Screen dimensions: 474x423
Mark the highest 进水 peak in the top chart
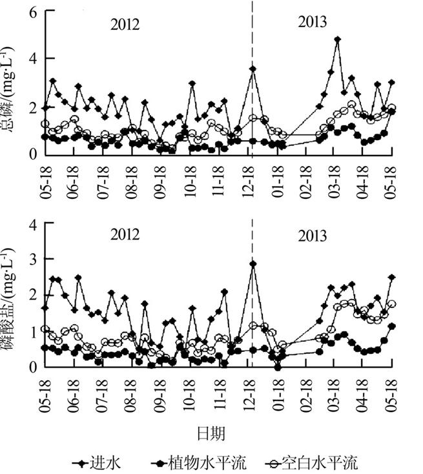pyautogui.click(x=337, y=39)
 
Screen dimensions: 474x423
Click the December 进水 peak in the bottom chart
pyautogui.click(x=253, y=264)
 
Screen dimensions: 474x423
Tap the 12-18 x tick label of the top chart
pyautogui.click(x=248, y=178)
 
